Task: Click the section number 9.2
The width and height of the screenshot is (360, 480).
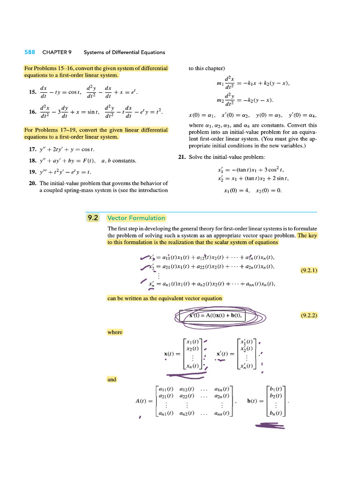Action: click(x=93, y=217)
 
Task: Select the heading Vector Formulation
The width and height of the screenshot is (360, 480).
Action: click(x=136, y=217)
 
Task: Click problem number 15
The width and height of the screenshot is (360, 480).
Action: click(x=32, y=92)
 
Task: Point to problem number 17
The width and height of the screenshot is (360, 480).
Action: click(x=32, y=150)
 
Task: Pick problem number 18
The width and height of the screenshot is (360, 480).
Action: click(x=32, y=161)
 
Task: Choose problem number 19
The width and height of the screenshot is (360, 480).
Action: click(x=32, y=172)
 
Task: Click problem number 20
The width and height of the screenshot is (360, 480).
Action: click(x=32, y=183)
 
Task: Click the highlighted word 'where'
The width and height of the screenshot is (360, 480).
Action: click(x=115, y=332)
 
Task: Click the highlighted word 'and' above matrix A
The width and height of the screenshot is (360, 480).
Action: click(x=112, y=379)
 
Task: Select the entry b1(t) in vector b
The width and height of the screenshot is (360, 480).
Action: click(x=276, y=389)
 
